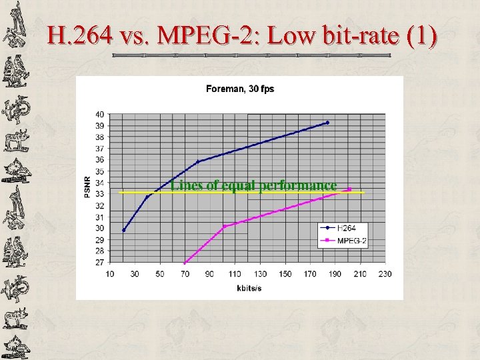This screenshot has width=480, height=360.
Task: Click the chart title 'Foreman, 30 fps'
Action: [x=240, y=89]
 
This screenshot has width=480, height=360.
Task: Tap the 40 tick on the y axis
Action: [x=99, y=114]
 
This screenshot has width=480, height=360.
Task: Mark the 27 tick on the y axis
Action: [x=99, y=263]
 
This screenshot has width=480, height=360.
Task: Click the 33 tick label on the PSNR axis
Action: [x=99, y=194]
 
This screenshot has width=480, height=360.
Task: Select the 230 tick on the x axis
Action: [x=385, y=274]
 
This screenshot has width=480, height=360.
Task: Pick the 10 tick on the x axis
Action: [x=109, y=274]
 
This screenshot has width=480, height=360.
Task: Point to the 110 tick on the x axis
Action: [x=235, y=274]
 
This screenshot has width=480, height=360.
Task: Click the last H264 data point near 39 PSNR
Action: [x=327, y=123]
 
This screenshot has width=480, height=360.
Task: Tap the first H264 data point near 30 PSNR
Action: [x=123, y=231]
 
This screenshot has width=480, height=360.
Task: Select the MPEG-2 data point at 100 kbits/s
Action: [x=223, y=227]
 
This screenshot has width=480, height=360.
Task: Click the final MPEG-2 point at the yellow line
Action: [x=349, y=189]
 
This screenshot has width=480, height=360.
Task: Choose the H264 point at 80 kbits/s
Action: [x=197, y=162]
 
